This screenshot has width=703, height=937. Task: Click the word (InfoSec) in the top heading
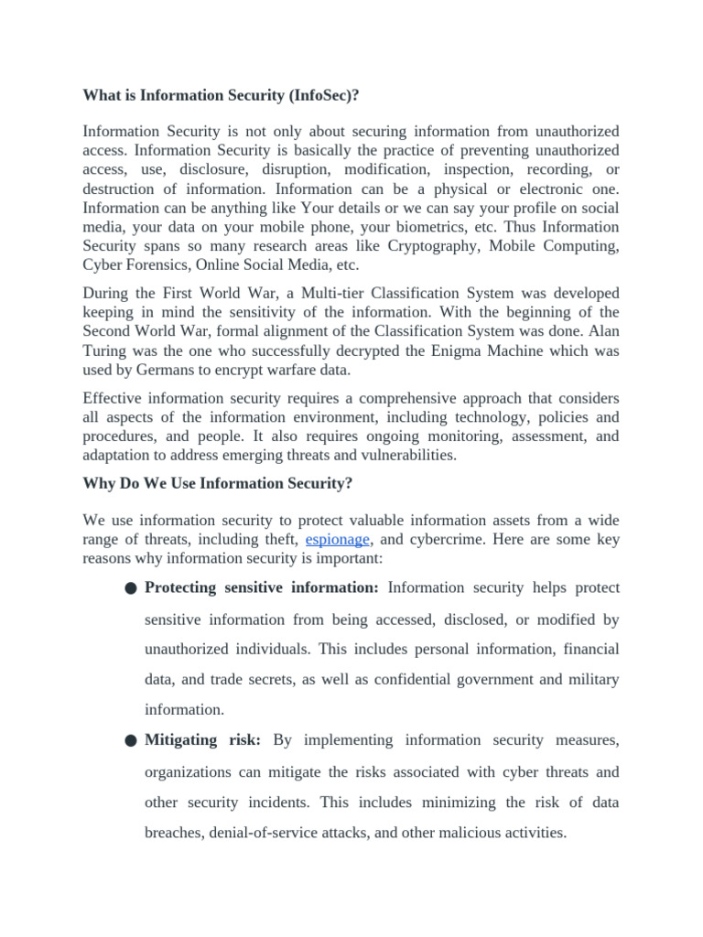(317, 94)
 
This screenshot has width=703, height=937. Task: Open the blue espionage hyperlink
(337, 540)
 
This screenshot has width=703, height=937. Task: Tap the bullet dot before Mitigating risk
(132, 741)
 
